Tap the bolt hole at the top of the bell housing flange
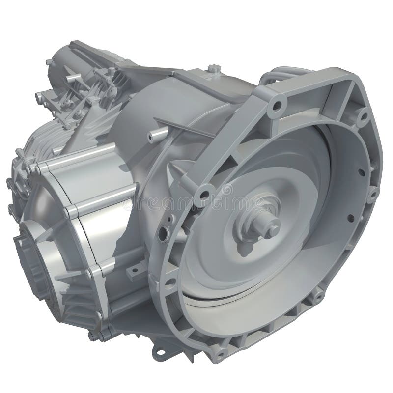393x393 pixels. click(278, 105)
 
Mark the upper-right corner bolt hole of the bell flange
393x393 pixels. click(363, 116)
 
